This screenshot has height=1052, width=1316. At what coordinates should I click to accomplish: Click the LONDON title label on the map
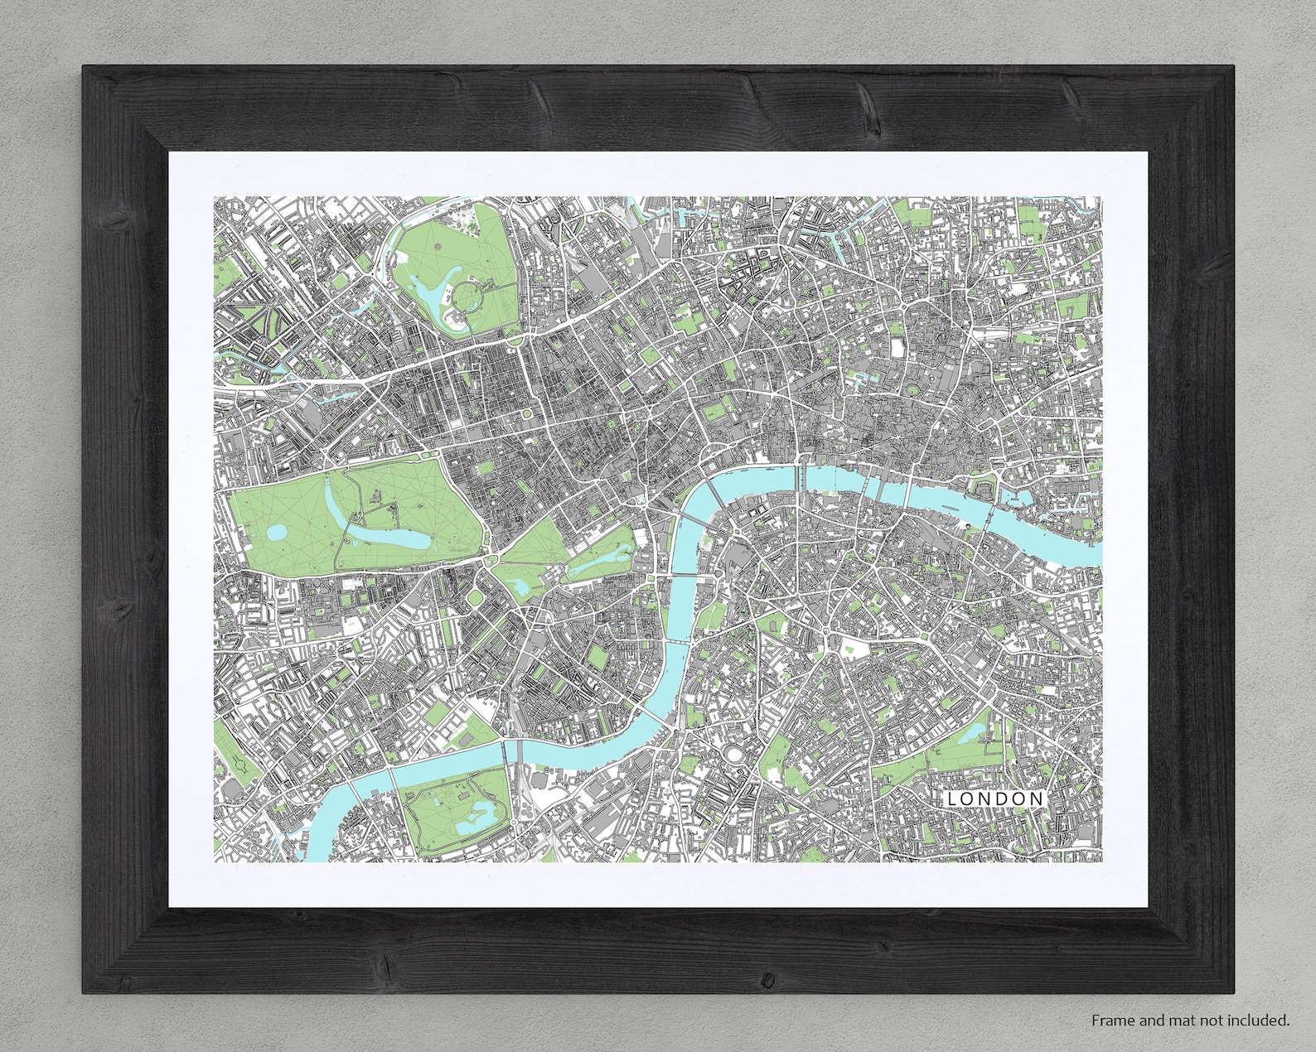pos(995,799)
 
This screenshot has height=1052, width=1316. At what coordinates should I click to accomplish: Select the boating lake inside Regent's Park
pos(431,291)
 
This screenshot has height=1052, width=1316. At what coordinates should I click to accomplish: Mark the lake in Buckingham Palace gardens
pos(520,587)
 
